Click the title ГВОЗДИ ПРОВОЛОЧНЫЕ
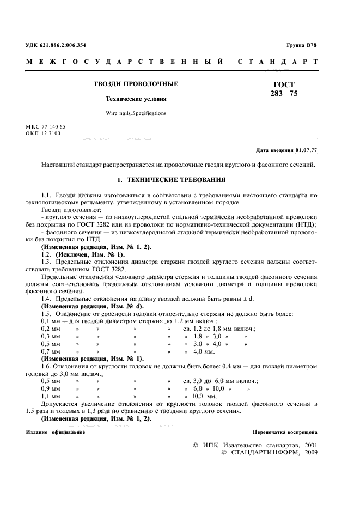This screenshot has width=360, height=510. point(137,84)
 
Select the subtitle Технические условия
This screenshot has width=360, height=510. point(136,99)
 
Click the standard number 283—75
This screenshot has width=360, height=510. point(284,94)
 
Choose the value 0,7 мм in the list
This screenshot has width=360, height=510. point(51,351)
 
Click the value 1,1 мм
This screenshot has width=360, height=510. point(51,396)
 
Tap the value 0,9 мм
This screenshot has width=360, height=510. point(51,389)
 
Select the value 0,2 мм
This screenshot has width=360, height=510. point(51,329)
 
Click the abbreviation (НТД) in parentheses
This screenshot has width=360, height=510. point(304,225)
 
